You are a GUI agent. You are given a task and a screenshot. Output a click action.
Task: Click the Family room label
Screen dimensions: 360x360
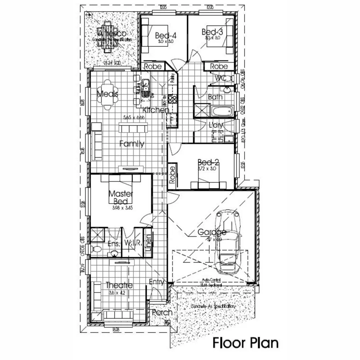(x=131, y=144)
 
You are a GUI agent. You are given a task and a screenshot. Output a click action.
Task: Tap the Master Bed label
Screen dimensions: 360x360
(x=121, y=197)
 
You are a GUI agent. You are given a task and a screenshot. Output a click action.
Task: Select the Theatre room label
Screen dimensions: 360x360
(x=119, y=285)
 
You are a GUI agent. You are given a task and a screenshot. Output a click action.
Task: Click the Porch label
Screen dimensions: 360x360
(x=162, y=312)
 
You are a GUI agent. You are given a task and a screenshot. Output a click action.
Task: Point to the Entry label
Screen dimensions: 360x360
(x=156, y=282)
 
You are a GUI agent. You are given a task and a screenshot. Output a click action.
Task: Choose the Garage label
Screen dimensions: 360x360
(x=212, y=232)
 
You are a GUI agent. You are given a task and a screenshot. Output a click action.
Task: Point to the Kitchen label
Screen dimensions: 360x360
(x=156, y=110)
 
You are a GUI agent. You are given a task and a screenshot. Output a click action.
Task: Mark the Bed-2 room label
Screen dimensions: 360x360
(x=209, y=162)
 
